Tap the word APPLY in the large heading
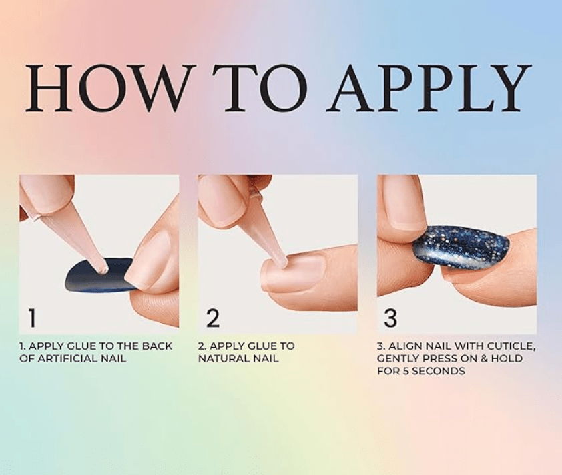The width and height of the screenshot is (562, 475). point(429,88)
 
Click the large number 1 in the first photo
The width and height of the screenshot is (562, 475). point(32,318)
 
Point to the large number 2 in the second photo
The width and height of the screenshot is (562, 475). point(213,318)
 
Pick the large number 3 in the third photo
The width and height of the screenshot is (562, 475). point(390,318)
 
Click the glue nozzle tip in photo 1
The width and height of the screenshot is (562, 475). point(104,270)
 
